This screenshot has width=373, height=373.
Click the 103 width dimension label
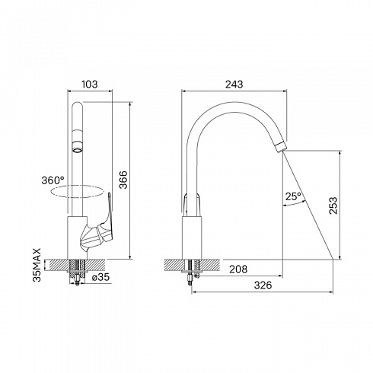(x=89, y=84)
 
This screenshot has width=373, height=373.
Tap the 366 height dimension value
(x=123, y=180)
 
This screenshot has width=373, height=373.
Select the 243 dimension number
(x=234, y=84)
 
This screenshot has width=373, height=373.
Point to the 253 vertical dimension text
(x=333, y=206)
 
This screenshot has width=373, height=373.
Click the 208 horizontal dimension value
(x=238, y=269)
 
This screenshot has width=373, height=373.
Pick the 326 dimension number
(x=263, y=285)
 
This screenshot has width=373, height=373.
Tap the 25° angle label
(x=293, y=196)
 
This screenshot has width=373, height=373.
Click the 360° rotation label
(x=53, y=180)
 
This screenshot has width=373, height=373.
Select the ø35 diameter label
(x=100, y=277)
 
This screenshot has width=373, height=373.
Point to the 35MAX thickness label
(x=37, y=265)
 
